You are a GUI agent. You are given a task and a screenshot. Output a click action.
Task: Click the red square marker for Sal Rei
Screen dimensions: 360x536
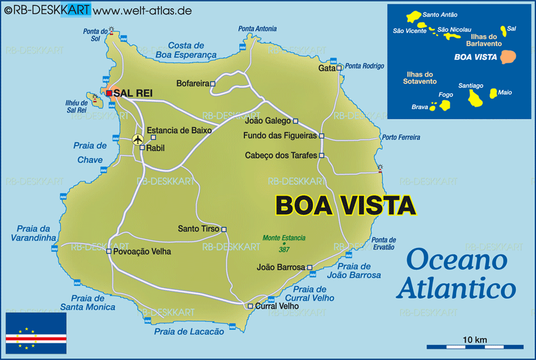point(109,93)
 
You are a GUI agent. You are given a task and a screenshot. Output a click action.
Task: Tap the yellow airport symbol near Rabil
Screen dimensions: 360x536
point(138,139)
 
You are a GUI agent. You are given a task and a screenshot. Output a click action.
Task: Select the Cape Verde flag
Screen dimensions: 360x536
point(36,333)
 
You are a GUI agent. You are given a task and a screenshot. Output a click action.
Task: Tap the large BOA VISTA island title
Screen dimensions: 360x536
point(345,205)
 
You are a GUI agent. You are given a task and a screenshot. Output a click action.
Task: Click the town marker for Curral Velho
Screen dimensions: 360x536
point(250,306)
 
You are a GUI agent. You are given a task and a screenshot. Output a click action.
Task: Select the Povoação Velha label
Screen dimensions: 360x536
point(142,251)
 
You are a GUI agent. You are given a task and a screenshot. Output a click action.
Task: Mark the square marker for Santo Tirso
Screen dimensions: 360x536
point(224,229)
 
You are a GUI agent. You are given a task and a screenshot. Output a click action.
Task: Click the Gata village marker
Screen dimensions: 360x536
point(339,68)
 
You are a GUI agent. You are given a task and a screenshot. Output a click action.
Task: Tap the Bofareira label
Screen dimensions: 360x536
point(192,84)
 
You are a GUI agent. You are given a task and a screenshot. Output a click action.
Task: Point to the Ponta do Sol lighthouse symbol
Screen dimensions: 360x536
point(111,30)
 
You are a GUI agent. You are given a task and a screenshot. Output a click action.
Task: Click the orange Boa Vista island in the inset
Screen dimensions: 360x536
point(508,57)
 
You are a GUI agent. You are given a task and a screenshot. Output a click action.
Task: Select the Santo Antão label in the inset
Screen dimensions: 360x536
point(440,15)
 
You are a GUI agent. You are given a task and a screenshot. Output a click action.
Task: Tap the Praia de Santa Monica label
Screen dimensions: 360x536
point(87,303)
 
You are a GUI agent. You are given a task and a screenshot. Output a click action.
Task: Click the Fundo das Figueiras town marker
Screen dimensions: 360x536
point(322,136)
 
